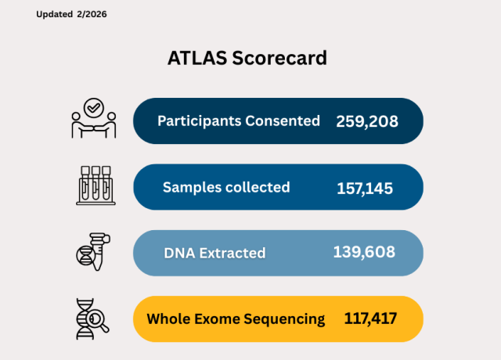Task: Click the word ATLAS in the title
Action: pos(196,59)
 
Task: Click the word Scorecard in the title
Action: pos(279,59)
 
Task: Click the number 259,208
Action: pos(367,121)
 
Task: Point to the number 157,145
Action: pos(365,188)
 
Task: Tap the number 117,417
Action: pos(370,319)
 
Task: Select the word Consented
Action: pos(283,121)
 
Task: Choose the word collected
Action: pos(255,188)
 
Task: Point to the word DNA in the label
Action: pos(178,253)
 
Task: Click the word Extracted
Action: pos(232,253)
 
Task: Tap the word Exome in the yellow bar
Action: pos(214,319)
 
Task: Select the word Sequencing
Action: pos(285,319)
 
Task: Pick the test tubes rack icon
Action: pos(94,185)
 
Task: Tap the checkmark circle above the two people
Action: pos(94,106)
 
